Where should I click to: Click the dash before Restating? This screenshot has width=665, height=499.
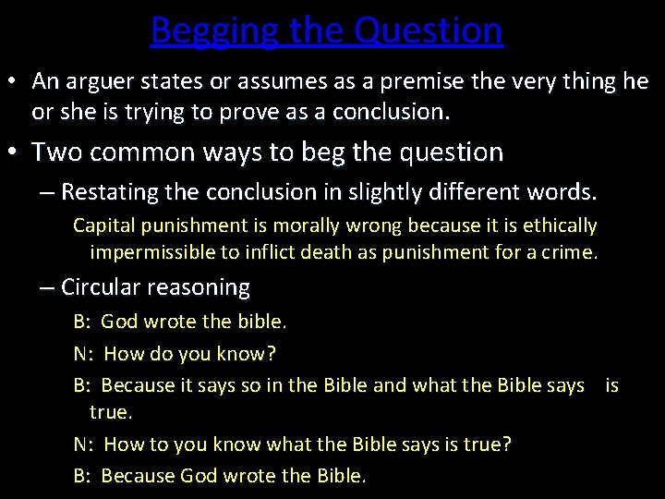click(48, 192)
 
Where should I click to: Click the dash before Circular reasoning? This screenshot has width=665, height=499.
click(48, 287)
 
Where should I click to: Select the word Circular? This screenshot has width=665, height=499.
click(99, 287)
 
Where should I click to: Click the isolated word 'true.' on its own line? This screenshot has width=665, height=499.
click(112, 411)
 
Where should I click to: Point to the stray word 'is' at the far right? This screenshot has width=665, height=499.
click(611, 384)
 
